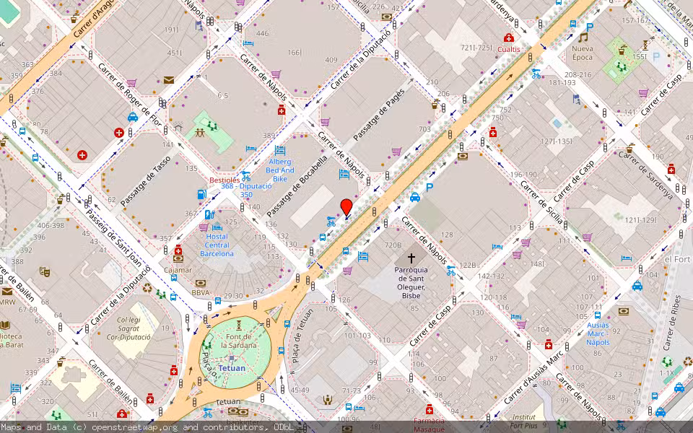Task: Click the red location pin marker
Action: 346,206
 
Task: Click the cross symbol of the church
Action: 411,258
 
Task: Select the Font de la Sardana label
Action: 238,341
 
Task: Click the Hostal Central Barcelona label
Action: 217,245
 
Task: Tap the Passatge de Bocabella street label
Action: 297,187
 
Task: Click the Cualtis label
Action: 509,49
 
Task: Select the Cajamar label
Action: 178,270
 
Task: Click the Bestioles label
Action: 225,179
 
